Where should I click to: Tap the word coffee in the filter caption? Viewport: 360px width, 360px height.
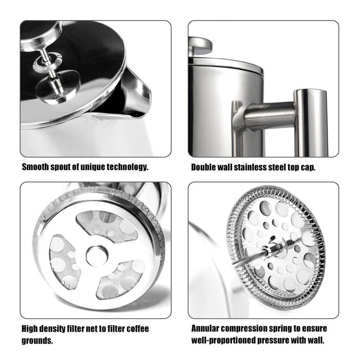(x=138, y=329)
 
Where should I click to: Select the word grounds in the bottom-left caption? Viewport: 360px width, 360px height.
(x=37, y=340)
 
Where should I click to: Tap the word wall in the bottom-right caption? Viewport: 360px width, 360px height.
(x=316, y=340)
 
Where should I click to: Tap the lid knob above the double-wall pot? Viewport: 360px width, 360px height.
(x=200, y=45)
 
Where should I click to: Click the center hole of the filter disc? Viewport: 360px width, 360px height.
(x=97, y=256)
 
